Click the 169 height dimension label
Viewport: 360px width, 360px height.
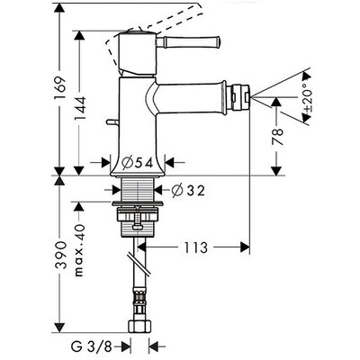(x=60, y=88)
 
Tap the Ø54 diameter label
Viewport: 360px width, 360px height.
(x=138, y=163)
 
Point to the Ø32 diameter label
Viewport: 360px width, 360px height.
(x=188, y=190)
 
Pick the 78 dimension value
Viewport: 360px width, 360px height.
(x=277, y=137)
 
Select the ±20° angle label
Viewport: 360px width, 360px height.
(x=306, y=98)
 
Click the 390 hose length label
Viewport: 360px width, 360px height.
(x=60, y=255)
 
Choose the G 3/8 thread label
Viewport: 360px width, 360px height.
(x=92, y=347)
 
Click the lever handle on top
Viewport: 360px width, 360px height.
(x=188, y=41)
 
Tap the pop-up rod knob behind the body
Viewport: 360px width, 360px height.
(x=112, y=122)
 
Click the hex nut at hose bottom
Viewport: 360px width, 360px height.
(x=138, y=326)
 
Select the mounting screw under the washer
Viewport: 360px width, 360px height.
(x=138, y=219)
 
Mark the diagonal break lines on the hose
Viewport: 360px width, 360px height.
(x=139, y=264)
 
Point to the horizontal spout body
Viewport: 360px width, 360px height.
(x=192, y=97)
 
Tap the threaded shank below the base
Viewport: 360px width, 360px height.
(x=138, y=188)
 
